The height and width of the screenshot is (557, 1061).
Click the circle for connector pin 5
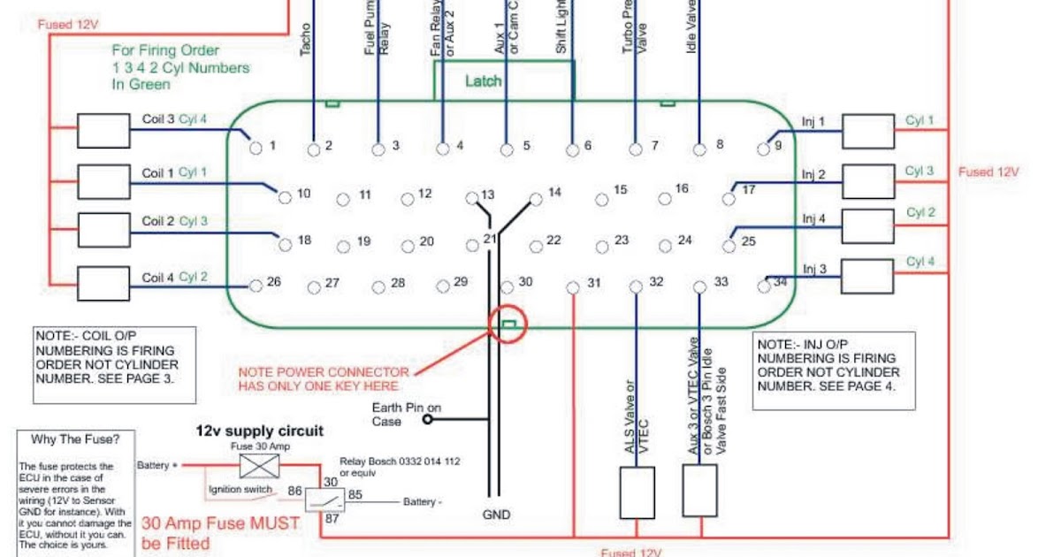click(x=507, y=149)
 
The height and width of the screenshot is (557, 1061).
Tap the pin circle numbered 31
click(x=572, y=286)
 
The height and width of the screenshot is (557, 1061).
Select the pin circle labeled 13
click(x=472, y=197)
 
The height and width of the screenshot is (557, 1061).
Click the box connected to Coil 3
click(x=103, y=131)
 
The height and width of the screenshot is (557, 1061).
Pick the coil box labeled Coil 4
click(x=103, y=284)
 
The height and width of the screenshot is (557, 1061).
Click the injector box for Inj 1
click(x=867, y=131)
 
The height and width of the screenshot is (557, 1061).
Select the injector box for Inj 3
click(x=867, y=276)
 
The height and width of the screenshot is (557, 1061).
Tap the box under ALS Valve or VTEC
click(x=637, y=492)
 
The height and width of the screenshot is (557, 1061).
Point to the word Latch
click(x=483, y=81)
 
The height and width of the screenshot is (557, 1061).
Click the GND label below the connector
click(x=496, y=515)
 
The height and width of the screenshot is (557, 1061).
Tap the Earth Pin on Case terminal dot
click(x=428, y=420)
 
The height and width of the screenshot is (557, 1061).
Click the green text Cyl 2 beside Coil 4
click(x=193, y=277)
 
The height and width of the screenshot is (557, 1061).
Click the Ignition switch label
click(x=241, y=490)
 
